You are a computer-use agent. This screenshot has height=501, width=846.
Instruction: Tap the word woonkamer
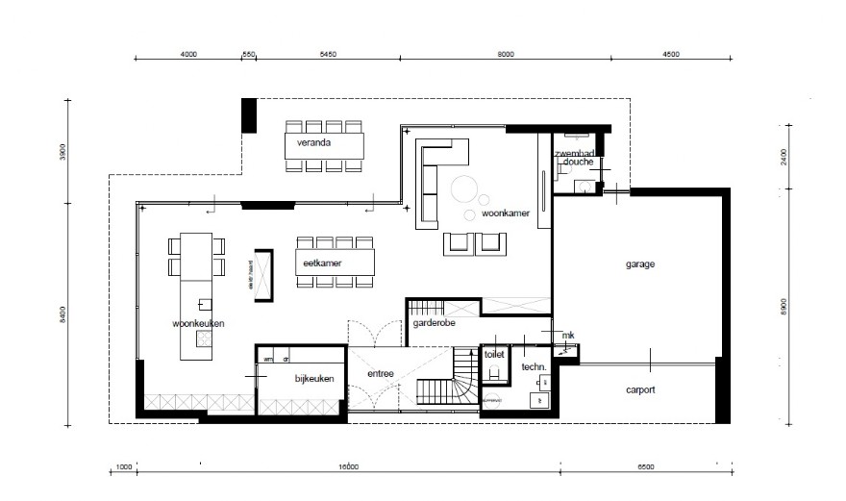click(506, 213)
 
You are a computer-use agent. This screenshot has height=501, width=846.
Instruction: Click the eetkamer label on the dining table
click(323, 263)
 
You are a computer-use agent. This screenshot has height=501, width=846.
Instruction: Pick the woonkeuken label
click(199, 324)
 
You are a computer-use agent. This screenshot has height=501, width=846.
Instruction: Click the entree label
click(382, 374)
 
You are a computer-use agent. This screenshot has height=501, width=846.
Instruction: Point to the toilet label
click(494, 354)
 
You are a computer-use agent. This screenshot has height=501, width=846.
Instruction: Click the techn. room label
click(534, 367)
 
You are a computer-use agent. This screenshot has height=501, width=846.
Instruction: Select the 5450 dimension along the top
click(328, 54)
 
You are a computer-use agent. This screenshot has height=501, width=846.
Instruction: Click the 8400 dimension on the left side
click(62, 314)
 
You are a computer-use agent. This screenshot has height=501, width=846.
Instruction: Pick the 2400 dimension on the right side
click(784, 158)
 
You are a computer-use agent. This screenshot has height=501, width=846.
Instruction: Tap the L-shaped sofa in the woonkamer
click(428, 178)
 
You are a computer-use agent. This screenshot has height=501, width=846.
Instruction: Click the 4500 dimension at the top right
click(670, 54)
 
